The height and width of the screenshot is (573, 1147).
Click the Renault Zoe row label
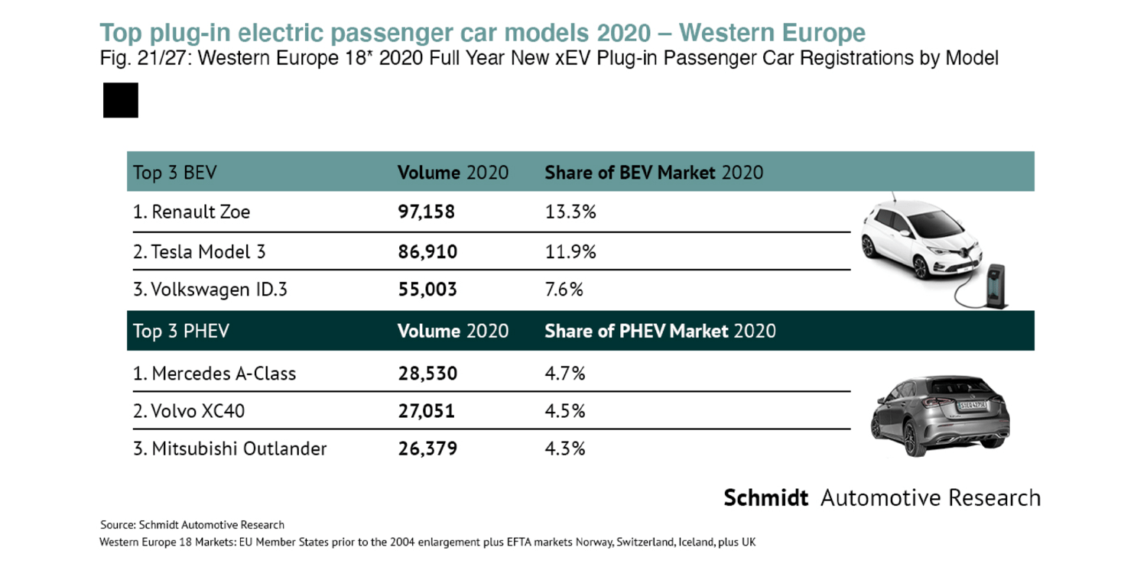(192, 212)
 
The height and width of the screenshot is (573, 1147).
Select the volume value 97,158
(426, 212)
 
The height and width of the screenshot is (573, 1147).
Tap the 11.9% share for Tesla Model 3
(570, 251)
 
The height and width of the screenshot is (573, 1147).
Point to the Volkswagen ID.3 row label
(210, 290)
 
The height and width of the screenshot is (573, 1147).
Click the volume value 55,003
(427, 290)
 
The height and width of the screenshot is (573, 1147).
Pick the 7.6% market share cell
(564, 290)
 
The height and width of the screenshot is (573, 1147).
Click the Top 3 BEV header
(174, 173)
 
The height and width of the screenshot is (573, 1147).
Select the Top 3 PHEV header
(181, 331)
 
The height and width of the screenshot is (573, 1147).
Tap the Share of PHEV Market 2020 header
(660, 331)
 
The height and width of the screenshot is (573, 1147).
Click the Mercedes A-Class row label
(215, 374)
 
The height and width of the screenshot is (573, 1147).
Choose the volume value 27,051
(426, 411)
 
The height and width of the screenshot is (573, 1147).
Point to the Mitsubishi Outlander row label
(230, 448)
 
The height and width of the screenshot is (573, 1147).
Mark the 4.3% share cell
(564, 448)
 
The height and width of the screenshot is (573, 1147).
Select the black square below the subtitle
(121, 101)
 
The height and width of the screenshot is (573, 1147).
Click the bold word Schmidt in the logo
(765, 498)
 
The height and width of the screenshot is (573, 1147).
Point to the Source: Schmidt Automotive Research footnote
(192, 525)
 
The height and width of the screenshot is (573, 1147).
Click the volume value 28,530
(427, 374)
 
